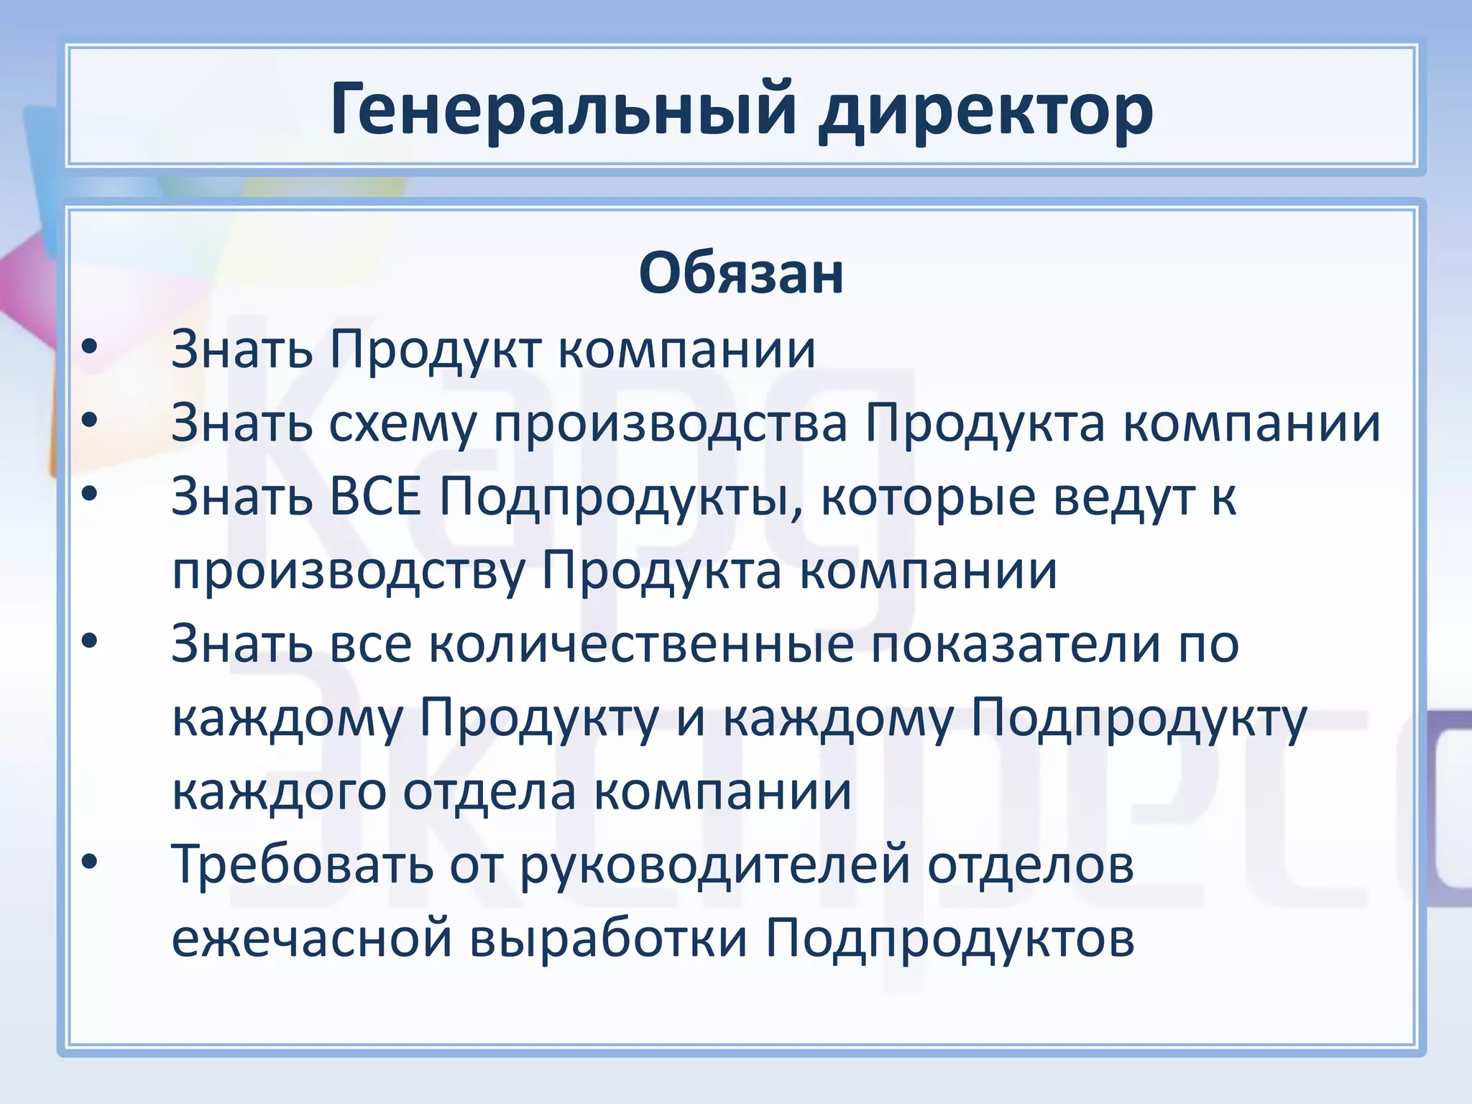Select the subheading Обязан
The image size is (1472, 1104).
point(741,273)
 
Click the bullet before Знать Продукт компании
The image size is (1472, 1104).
point(89,347)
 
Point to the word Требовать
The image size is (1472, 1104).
point(302,864)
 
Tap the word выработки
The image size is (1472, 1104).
point(609,939)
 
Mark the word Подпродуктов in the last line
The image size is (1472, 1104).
point(949,939)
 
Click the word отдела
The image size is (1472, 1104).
point(489,792)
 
